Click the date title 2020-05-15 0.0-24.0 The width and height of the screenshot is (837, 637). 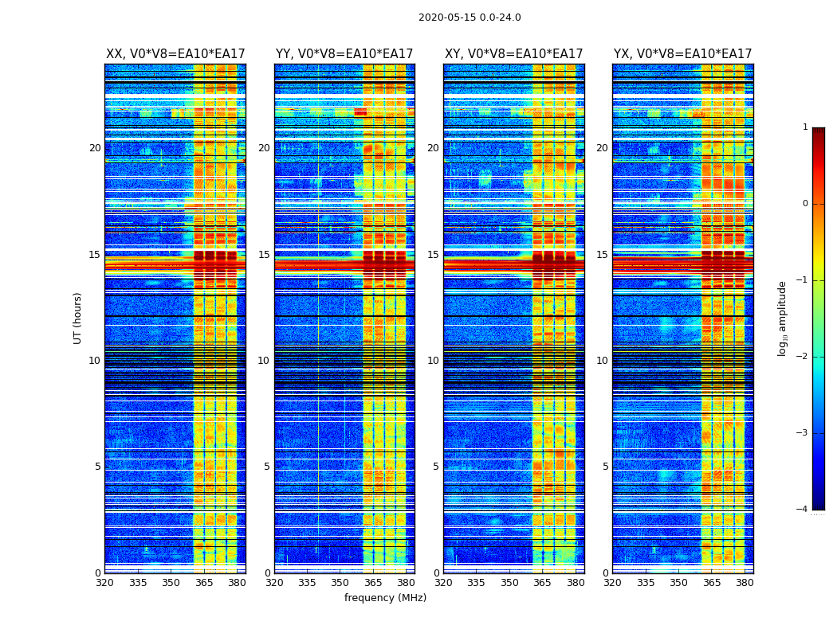[x=470, y=18]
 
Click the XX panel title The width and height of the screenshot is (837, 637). [x=175, y=54]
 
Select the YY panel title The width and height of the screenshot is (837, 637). [x=344, y=54]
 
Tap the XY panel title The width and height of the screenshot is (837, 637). [x=513, y=54]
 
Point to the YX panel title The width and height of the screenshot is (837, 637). [x=682, y=54]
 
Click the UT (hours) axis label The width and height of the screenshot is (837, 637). [x=78, y=318]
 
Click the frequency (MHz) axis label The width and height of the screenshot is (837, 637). [x=385, y=598]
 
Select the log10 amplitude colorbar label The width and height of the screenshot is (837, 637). [x=783, y=318]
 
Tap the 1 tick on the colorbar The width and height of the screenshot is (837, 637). [x=805, y=127]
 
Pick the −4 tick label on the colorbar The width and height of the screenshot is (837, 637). [x=803, y=510]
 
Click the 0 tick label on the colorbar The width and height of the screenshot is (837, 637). [x=805, y=204]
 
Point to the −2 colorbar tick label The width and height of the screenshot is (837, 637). [x=803, y=357]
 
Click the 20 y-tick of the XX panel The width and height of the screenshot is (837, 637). [x=95, y=148]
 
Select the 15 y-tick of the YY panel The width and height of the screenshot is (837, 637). [x=264, y=255]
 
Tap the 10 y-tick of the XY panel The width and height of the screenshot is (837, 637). [x=433, y=361]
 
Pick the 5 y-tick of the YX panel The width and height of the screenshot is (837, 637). [x=605, y=467]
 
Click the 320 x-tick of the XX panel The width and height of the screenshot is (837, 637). [x=104, y=583]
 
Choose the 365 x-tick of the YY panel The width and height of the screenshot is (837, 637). [x=373, y=583]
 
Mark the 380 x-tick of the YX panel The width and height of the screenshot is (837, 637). [x=745, y=583]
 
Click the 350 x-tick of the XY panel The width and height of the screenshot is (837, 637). [x=509, y=583]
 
